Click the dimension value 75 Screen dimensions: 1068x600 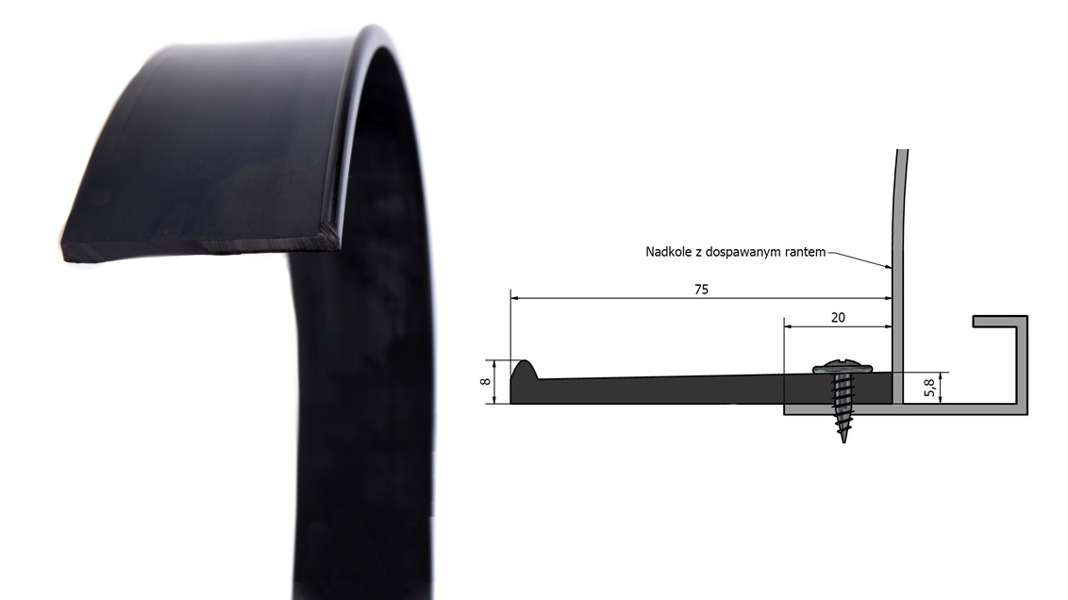pyautogui.click(x=701, y=290)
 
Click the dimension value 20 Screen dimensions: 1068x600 pyautogui.click(x=838, y=317)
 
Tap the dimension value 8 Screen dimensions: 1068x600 pyautogui.click(x=485, y=381)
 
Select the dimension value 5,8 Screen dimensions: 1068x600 pyautogui.click(x=929, y=388)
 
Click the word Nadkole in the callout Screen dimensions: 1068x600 pyautogui.click(x=668, y=252)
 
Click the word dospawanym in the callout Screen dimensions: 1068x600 pyautogui.click(x=743, y=253)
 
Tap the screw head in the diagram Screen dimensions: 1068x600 pyautogui.click(x=843, y=369)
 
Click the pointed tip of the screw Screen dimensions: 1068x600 pyautogui.click(x=843, y=442)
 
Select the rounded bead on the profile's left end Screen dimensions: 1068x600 pyautogui.click(x=523, y=371)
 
